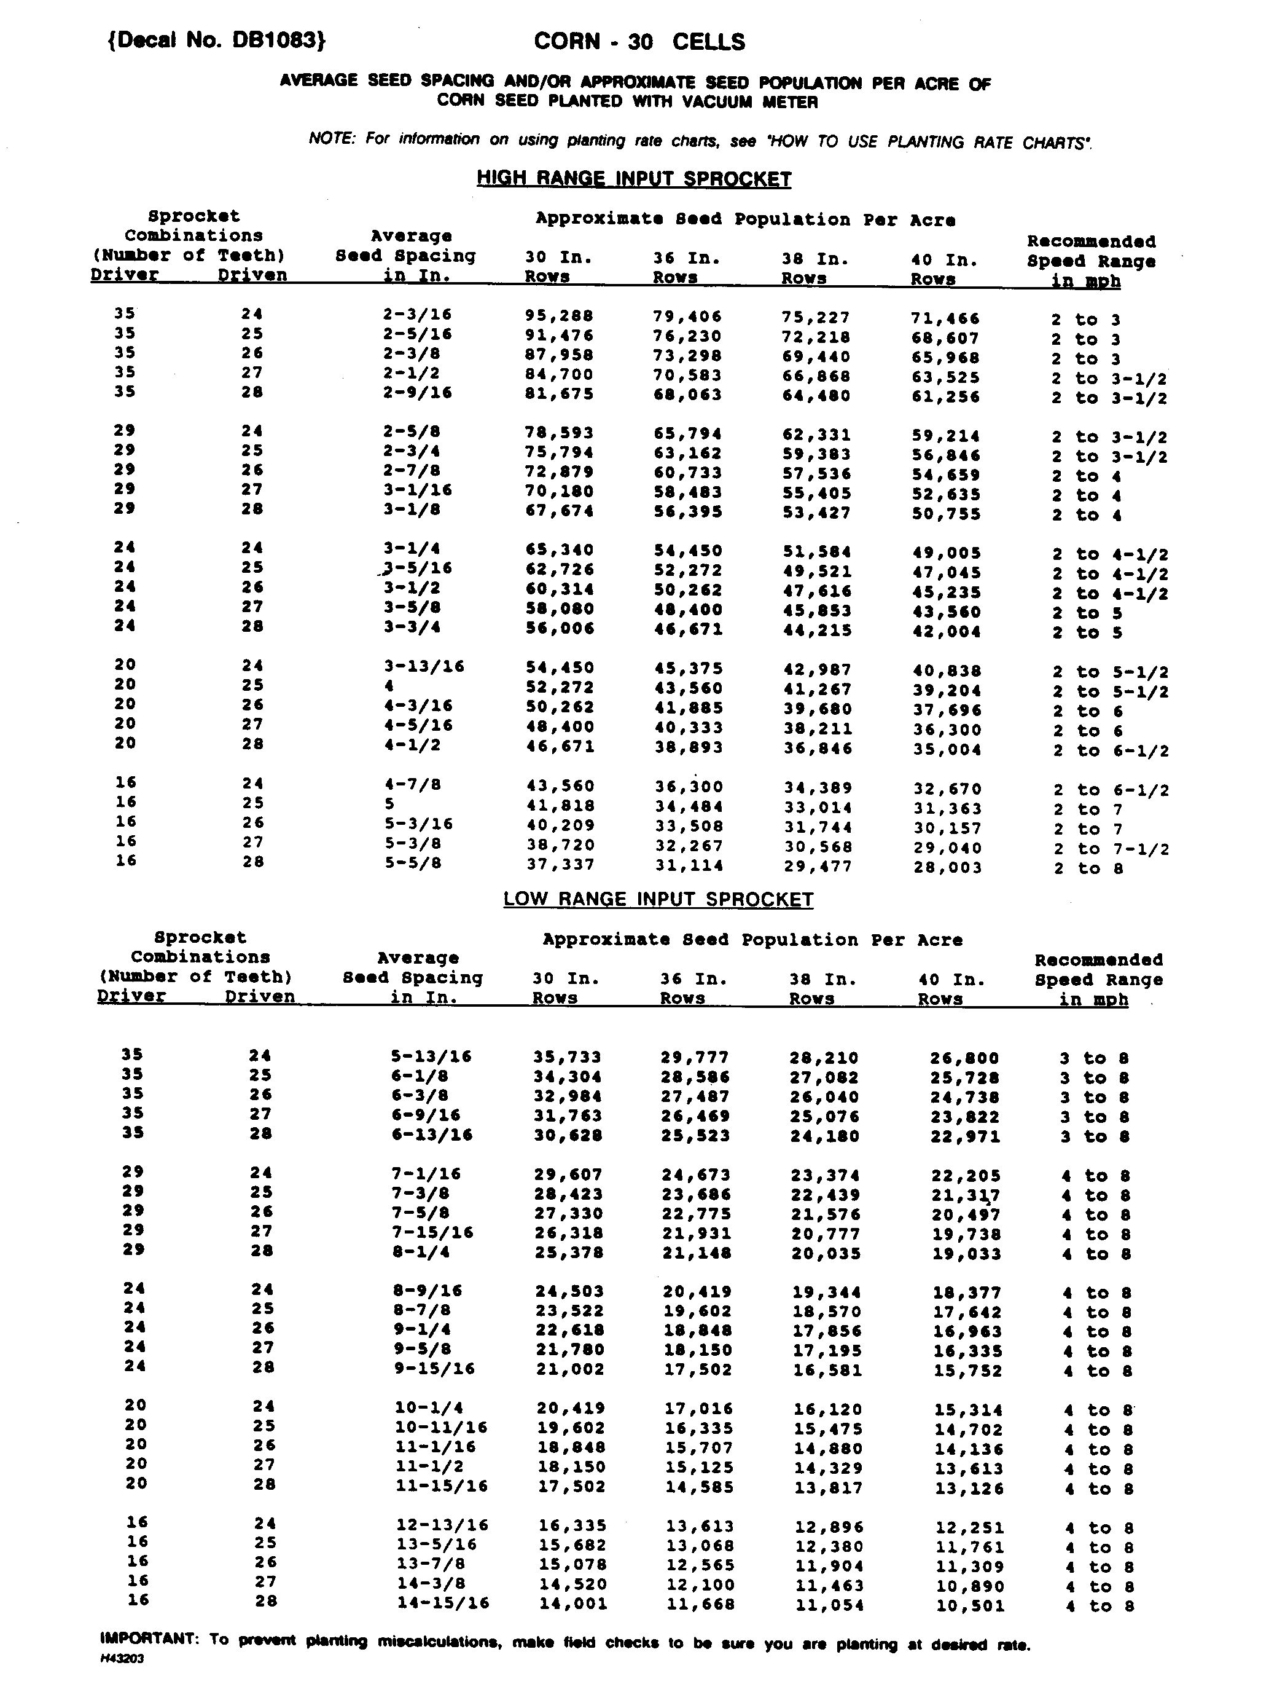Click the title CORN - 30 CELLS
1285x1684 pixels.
click(x=639, y=41)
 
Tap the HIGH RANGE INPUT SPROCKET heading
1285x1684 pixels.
click(x=633, y=178)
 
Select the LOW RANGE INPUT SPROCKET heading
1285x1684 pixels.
click(x=658, y=899)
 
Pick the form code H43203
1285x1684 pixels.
click(x=122, y=1659)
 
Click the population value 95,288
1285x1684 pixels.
click(x=558, y=316)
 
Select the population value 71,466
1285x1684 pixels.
click(x=945, y=318)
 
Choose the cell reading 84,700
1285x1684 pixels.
click(x=558, y=375)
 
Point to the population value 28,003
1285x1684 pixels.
click(x=947, y=868)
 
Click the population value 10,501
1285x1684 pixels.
click(x=969, y=1606)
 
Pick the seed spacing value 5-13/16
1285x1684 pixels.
click(x=431, y=1056)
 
